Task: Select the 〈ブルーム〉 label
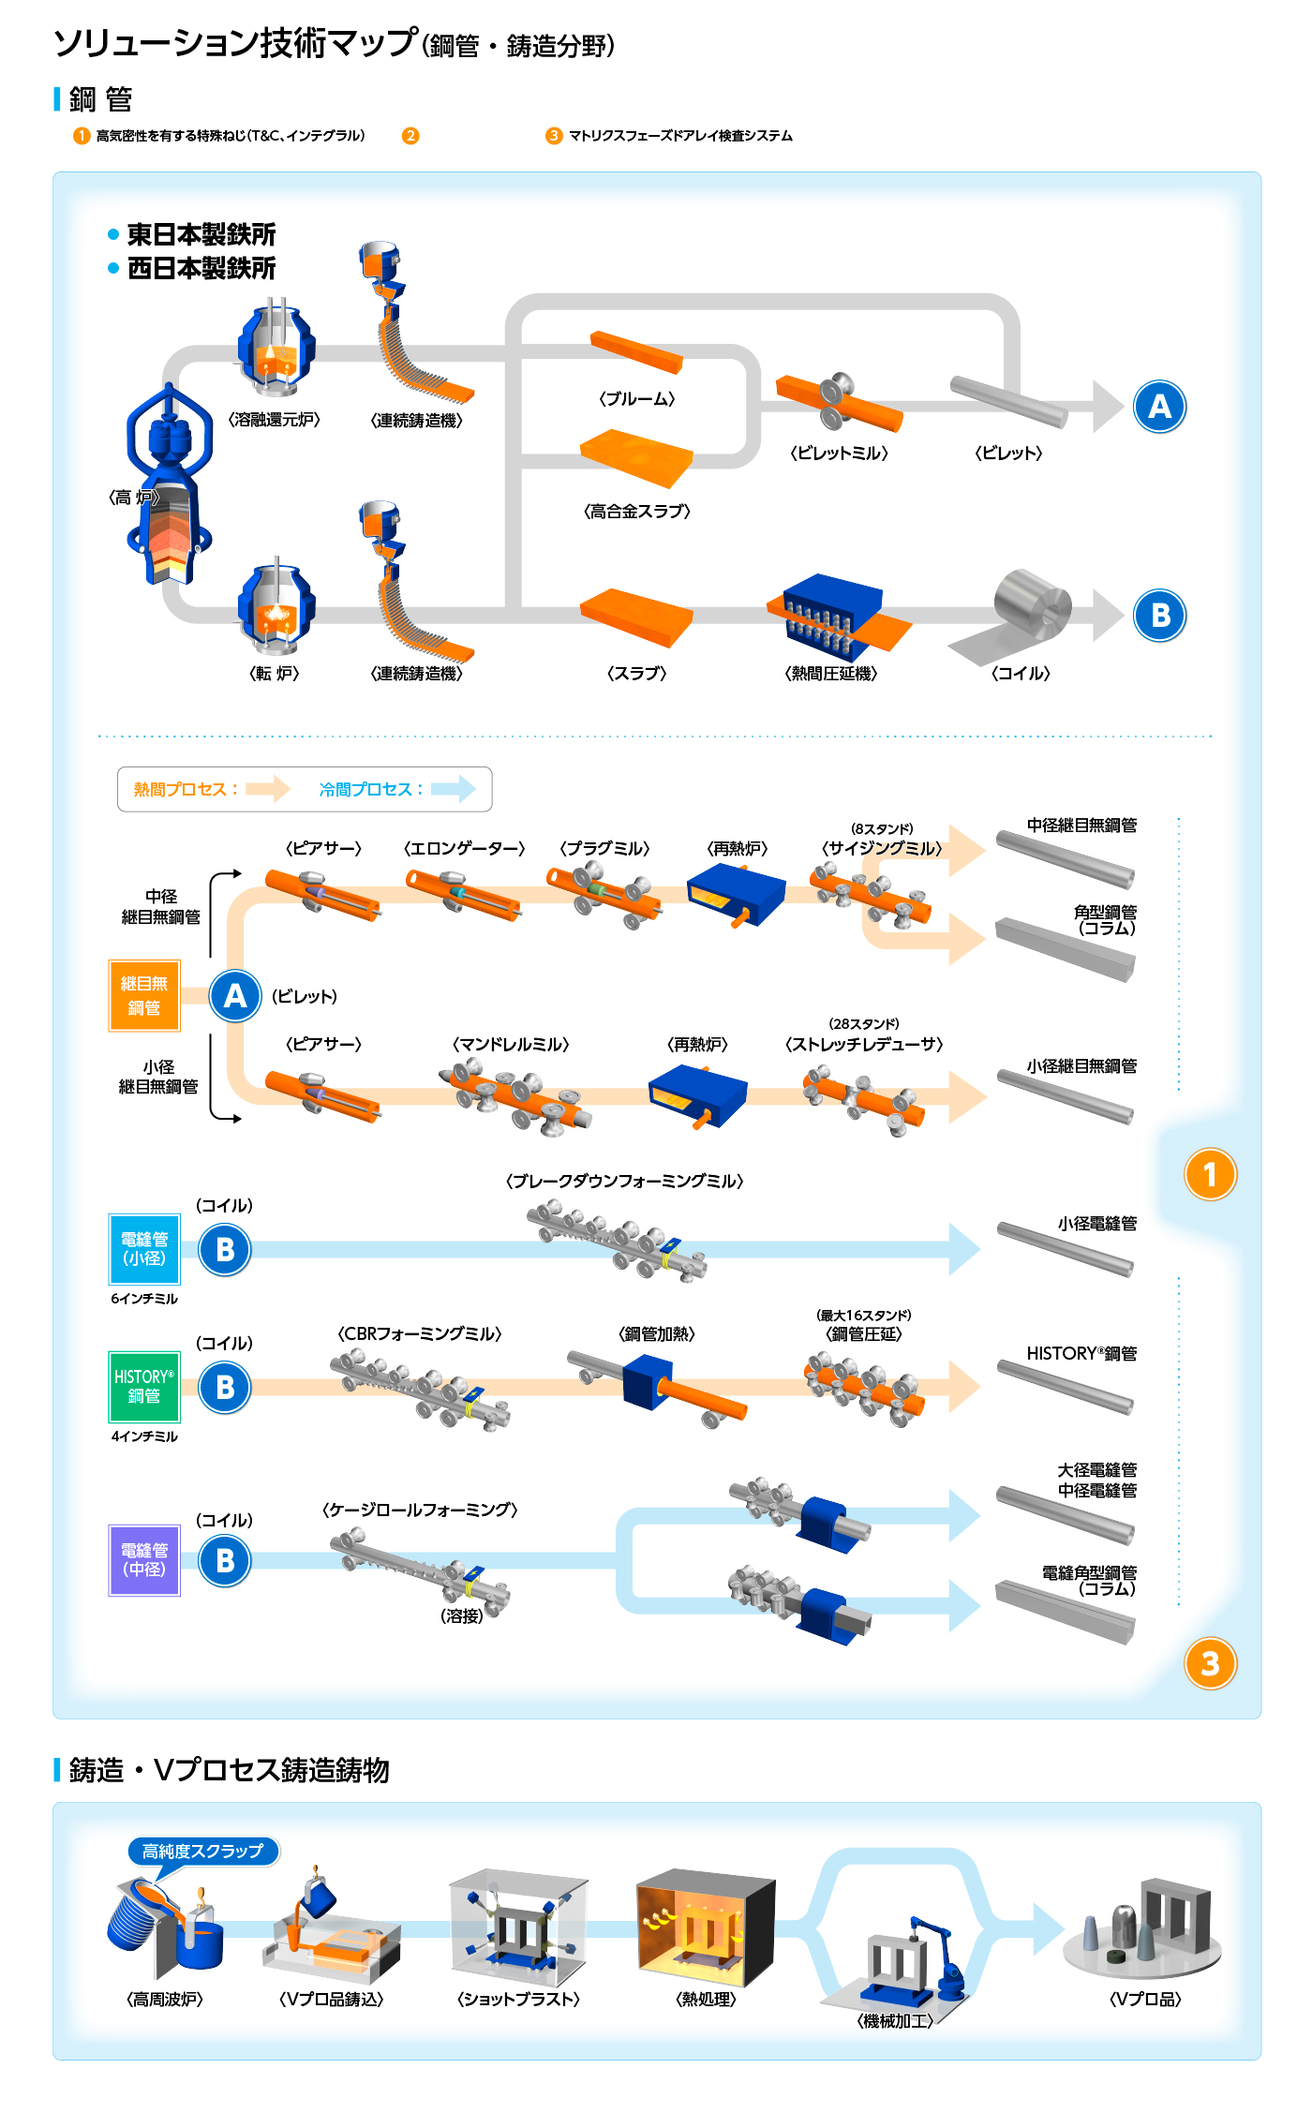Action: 637,399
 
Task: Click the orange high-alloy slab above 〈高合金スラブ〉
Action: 636,457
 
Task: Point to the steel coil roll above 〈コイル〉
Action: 1032,604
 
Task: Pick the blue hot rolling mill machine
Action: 832,615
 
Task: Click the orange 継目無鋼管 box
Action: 144,995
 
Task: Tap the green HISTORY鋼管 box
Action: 144,1386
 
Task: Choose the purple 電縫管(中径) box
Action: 144,1560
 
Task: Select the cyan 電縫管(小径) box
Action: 144,1249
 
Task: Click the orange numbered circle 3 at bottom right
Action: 1210,1664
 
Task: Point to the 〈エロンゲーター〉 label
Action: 464,849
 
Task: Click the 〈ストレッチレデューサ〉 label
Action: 864,1045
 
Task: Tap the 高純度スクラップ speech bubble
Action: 202,1852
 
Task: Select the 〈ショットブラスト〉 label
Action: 518,2000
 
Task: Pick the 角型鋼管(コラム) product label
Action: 1105,919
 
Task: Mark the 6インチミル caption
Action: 144,1299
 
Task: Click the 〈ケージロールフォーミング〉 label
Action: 420,1510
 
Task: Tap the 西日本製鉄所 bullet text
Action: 201,269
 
